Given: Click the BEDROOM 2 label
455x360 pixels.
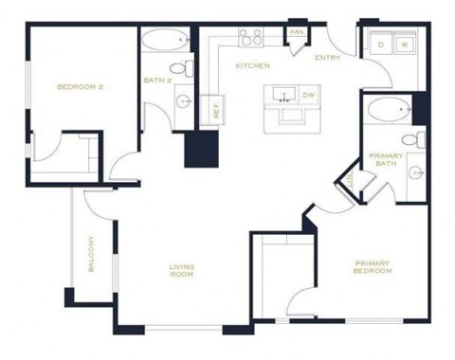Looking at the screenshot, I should pos(80,87).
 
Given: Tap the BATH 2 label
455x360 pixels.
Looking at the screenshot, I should pos(156,81).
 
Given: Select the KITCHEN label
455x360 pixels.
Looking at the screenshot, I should pos(252,66).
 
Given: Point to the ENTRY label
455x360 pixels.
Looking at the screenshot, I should pos(327,58).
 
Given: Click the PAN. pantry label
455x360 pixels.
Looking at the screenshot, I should pos(296,32).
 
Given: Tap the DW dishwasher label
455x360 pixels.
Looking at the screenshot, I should pos(308,95).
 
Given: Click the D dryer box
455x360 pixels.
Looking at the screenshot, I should pos(380,45).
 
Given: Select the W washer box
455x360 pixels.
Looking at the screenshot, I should pos(403,45).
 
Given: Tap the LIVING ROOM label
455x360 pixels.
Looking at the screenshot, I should pos(182,270).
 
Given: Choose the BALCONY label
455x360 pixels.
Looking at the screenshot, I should pos(92,254).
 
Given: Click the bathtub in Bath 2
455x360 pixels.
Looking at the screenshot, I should pos(167,41).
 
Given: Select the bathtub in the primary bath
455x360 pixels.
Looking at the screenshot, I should pos(387,112).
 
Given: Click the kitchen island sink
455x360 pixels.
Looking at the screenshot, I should pos(283,96).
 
